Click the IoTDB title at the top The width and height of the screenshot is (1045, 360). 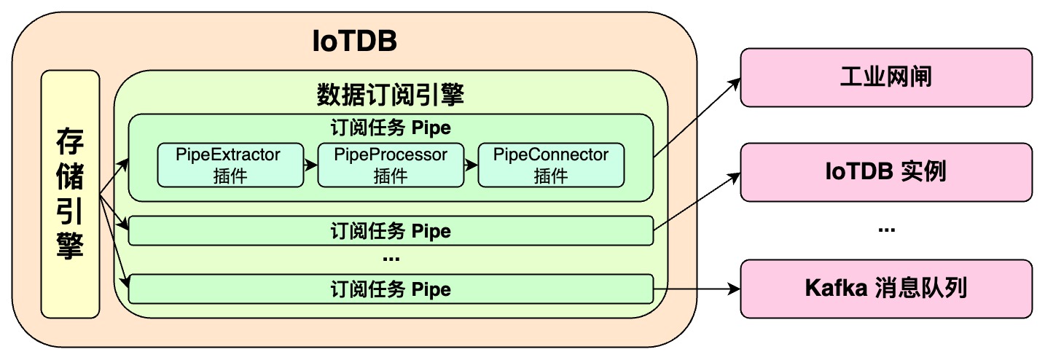pyautogui.click(x=354, y=42)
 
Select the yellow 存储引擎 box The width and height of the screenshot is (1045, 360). pyautogui.click(x=70, y=194)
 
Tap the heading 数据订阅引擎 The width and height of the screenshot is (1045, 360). pyautogui.click(x=391, y=95)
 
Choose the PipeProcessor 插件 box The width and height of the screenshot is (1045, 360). pyautogui.click(x=391, y=165)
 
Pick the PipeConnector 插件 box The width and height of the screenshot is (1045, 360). pyautogui.click(x=551, y=165)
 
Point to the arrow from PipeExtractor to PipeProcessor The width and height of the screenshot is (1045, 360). pyautogui.click(x=310, y=165)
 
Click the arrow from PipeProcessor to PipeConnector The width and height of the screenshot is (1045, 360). pyautogui.click(x=471, y=165)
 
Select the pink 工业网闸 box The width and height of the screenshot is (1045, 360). pyautogui.click(x=886, y=77)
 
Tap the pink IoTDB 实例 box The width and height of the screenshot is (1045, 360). pyautogui.click(x=886, y=172)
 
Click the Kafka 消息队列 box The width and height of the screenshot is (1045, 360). pyautogui.click(x=886, y=289)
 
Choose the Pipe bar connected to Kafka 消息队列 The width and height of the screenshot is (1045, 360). pyautogui.click(x=391, y=289)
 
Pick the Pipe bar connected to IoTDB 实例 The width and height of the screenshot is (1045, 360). pyautogui.click(x=391, y=231)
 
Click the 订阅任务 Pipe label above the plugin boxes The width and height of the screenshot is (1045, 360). pyautogui.click(x=391, y=128)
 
